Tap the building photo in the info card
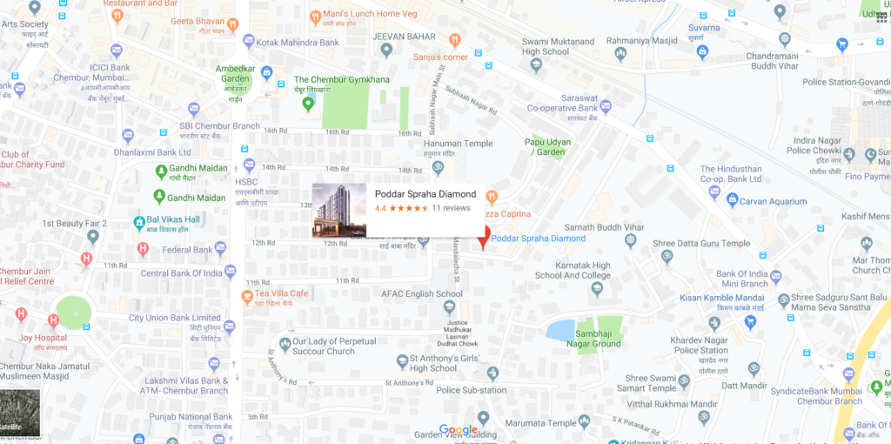339,210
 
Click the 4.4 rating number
380,209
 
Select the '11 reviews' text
451,209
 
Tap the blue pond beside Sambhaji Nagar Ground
559,330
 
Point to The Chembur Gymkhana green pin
307,104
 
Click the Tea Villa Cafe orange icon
247,296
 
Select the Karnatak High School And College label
573,270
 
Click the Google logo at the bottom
458,430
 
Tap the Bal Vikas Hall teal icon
140,223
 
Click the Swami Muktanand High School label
558,46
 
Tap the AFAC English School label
422,293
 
